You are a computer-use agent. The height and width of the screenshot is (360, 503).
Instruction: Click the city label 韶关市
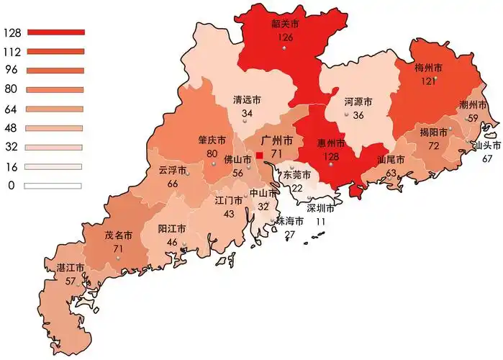click(285, 24)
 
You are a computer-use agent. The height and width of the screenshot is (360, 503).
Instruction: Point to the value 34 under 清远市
click(247, 114)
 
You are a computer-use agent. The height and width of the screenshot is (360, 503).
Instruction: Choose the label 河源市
click(358, 102)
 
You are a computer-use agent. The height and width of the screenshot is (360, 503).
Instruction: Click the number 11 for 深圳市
click(320, 222)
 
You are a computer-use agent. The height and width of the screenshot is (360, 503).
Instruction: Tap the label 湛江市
click(71, 268)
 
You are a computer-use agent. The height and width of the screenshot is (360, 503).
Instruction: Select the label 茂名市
click(118, 235)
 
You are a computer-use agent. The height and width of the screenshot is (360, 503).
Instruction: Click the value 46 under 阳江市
click(172, 242)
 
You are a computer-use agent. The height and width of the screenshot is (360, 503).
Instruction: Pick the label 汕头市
click(486, 145)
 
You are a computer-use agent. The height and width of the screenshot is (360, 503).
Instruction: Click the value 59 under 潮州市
click(473, 118)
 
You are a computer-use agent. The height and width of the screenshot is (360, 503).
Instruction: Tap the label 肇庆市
click(212, 140)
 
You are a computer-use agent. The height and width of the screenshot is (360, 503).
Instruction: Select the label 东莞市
click(297, 175)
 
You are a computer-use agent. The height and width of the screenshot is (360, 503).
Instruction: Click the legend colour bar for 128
click(55, 32)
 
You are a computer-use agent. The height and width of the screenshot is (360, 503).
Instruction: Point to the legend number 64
click(10, 109)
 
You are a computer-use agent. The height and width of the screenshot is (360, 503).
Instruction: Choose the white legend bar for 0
click(55, 186)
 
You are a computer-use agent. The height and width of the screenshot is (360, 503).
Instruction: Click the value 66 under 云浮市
click(173, 184)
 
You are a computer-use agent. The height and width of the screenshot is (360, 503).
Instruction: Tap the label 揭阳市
click(434, 133)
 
